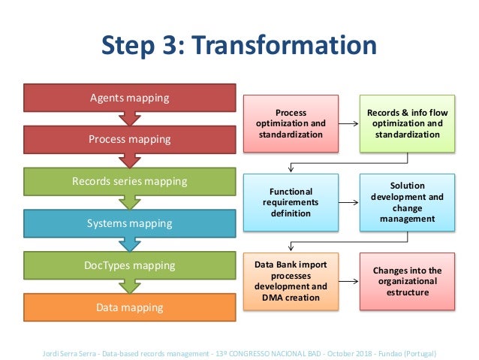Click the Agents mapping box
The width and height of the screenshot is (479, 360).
pos(129,98)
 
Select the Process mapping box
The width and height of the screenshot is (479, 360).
pos(129,139)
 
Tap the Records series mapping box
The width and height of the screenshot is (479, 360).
pos(129,181)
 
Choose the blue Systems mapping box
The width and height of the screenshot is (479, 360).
pos(129,223)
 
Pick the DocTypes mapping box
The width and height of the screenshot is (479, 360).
pos(129,265)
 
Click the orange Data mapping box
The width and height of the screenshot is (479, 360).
pos(129,307)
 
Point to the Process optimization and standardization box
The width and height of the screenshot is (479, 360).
pos(291,123)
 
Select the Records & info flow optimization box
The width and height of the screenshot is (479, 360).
pos(407,123)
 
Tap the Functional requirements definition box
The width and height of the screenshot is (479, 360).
pos(291,202)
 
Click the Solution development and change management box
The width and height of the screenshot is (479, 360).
pos(407,202)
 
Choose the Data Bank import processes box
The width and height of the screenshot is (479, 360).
pos(291,282)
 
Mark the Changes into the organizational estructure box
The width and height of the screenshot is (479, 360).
pos(407,282)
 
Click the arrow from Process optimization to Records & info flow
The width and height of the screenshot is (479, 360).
pos(348,123)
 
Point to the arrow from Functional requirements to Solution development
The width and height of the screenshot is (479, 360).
pos(348,202)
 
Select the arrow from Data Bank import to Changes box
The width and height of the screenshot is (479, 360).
pos(348,282)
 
